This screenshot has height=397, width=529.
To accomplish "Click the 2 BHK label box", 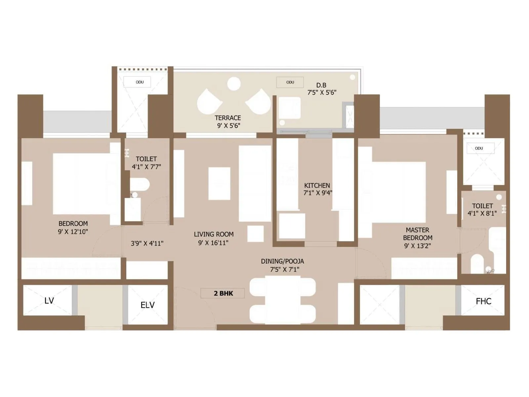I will coord(223,293).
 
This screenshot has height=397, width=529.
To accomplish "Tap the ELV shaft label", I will coord(147,305).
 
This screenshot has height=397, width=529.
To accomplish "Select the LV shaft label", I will coord(49,301).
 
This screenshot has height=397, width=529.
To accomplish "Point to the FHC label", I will coord(483,301).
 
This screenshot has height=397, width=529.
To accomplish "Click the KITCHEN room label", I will coord(317,186).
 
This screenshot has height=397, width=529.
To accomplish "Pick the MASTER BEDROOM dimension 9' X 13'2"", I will coord(417,246).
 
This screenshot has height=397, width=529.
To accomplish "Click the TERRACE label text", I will coord(227,118).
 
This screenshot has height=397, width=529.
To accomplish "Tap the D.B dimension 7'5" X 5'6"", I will coord(322,93).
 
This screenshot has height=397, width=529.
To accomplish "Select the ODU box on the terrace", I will coord(290,82).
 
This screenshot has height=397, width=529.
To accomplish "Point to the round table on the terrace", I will coord(234,84).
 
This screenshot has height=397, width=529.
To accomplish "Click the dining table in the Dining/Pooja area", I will coord(283,300).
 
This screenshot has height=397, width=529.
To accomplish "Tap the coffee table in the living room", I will coord(219,184).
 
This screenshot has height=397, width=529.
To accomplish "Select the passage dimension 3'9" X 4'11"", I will coord(147,243).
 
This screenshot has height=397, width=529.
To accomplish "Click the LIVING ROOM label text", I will coord(214,234).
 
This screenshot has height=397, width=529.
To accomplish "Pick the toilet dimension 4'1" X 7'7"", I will coord(146,167).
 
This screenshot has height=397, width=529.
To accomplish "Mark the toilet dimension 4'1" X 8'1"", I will coord(482,214).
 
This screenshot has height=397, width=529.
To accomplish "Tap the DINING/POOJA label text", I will coord(282,261).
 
